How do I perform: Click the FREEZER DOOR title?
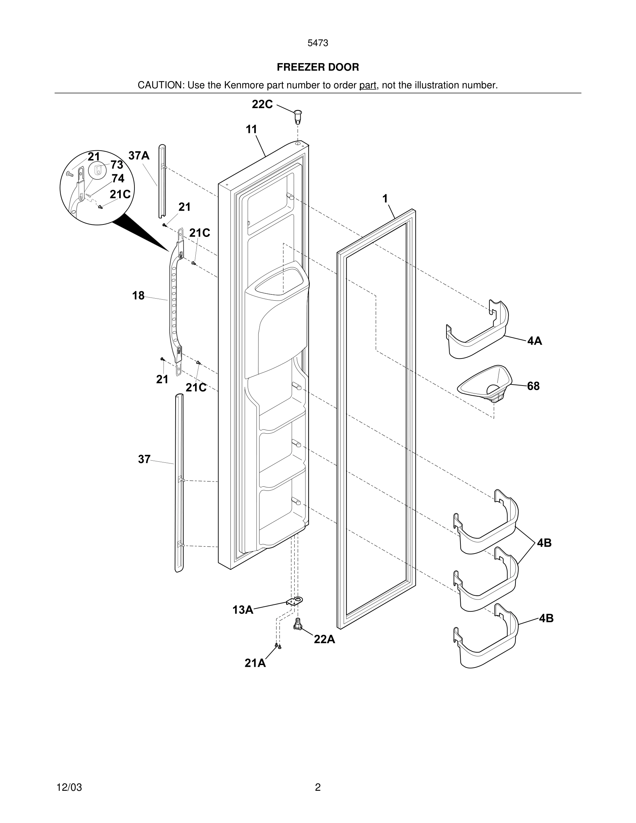pos(318,67)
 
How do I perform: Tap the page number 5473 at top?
pos(318,43)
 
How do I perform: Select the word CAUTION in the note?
pos(160,85)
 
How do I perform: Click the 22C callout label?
pos(262,104)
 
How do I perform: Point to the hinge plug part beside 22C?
pos(298,116)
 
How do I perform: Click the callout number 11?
pos(251,129)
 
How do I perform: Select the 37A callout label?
pos(139,155)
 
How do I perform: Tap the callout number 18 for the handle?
pos(138,295)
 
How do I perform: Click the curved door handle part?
pos(174,301)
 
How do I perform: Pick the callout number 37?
pos(144,459)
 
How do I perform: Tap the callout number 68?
pos(533,386)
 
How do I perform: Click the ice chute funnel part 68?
pos(485,384)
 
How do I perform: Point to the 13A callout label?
pos(242,610)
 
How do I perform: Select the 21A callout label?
pos(255,663)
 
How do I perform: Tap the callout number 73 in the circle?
pos(117,165)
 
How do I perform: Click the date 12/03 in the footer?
pos(69,787)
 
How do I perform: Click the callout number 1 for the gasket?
pos(385,198)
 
